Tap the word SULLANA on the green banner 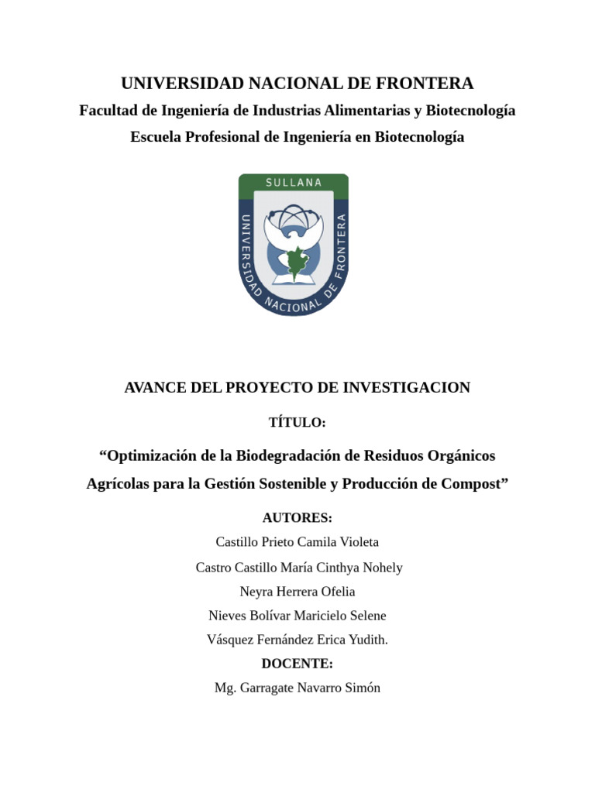(x=294, y=183)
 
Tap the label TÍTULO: (x=297, y=423)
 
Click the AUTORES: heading (x=297, y=517)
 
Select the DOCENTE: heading (x=297, y=664)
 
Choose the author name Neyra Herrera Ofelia (x=297, y=592)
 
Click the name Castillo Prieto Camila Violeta (x=297, y=542)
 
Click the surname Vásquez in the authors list (x=232, y=640)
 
